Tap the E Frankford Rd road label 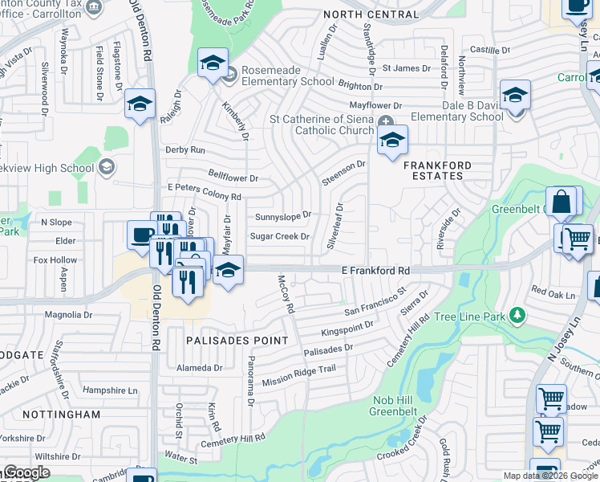click(375, 272)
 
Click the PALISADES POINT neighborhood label click(237, 341)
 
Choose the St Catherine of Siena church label click(322, 125)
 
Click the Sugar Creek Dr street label click(280, 236)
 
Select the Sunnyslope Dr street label click(282, 217)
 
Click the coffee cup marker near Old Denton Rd click(142, 235)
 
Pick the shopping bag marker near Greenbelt click(561, 202)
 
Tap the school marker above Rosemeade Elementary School click(213, 63)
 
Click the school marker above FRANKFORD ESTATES click(392, 140)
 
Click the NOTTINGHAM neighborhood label click(67, 415)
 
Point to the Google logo click(26, 473)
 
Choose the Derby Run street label click(185, 150)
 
